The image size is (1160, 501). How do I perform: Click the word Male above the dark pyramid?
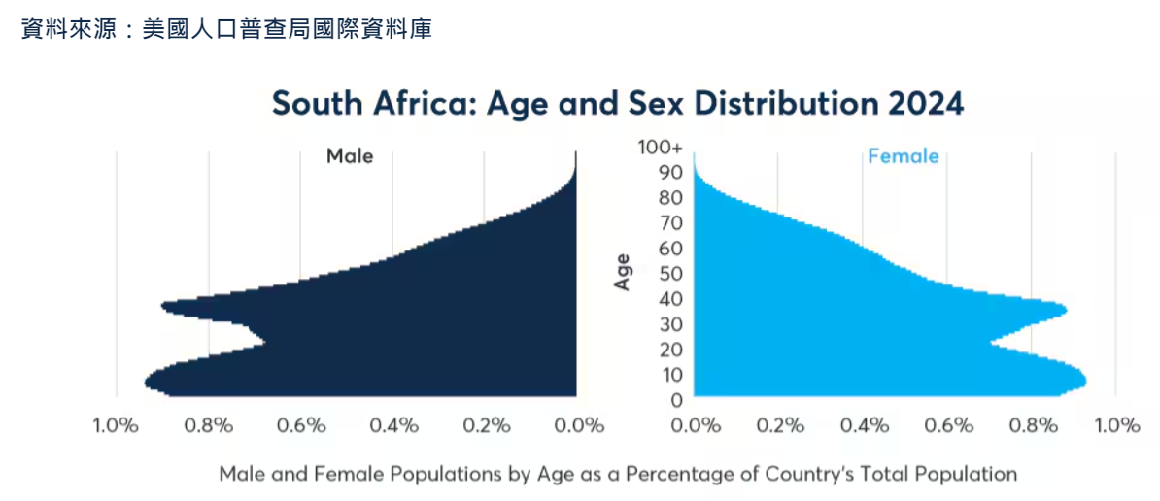[x=350, y=155]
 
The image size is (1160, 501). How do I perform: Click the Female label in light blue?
[x=903, y=155]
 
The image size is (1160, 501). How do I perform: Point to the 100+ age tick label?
[x=661, y=148]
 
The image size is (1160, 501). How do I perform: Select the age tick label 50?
[x=673, y=273]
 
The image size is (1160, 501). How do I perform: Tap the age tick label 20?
[x=673, y=350]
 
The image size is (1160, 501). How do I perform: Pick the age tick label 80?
[x=673, y=197]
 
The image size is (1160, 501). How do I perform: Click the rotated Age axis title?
[x=623, y=272]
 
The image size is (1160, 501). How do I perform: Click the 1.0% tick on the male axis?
[x=116, y=425]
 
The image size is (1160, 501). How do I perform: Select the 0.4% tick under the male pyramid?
[x=393, y=425]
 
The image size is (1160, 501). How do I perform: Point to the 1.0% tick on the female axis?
[x=1117, y=425]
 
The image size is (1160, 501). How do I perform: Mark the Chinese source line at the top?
[x=226, y=30]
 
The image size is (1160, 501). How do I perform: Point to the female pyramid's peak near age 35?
[x=1065, y=311]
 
